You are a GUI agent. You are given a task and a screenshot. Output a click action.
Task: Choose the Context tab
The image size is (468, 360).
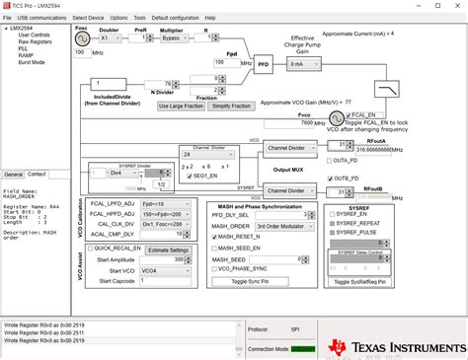pyautogui.click(x=38, y=174)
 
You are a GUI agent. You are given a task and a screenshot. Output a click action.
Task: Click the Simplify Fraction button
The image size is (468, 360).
pyautogui.click(x=232, y=105)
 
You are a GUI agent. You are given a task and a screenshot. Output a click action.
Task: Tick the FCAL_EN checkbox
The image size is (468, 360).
pyautogui.click(x=331, y=114)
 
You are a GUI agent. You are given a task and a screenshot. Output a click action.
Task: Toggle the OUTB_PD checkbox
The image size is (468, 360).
pyautogui.click(x=331, y=178)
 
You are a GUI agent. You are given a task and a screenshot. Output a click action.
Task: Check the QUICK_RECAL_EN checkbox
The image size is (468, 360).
pyautogui.click(x=90, y=250)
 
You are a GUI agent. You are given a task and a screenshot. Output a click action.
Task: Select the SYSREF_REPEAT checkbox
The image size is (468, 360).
pyautogui.click(x=331, y=223)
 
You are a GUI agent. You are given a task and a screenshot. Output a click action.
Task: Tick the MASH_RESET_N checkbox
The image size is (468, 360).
pyautogui.click(x=212, y=237)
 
